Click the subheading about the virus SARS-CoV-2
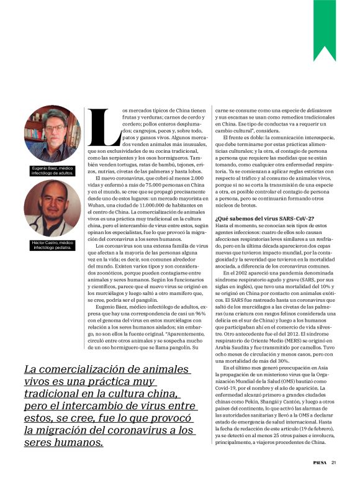(264, 219)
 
